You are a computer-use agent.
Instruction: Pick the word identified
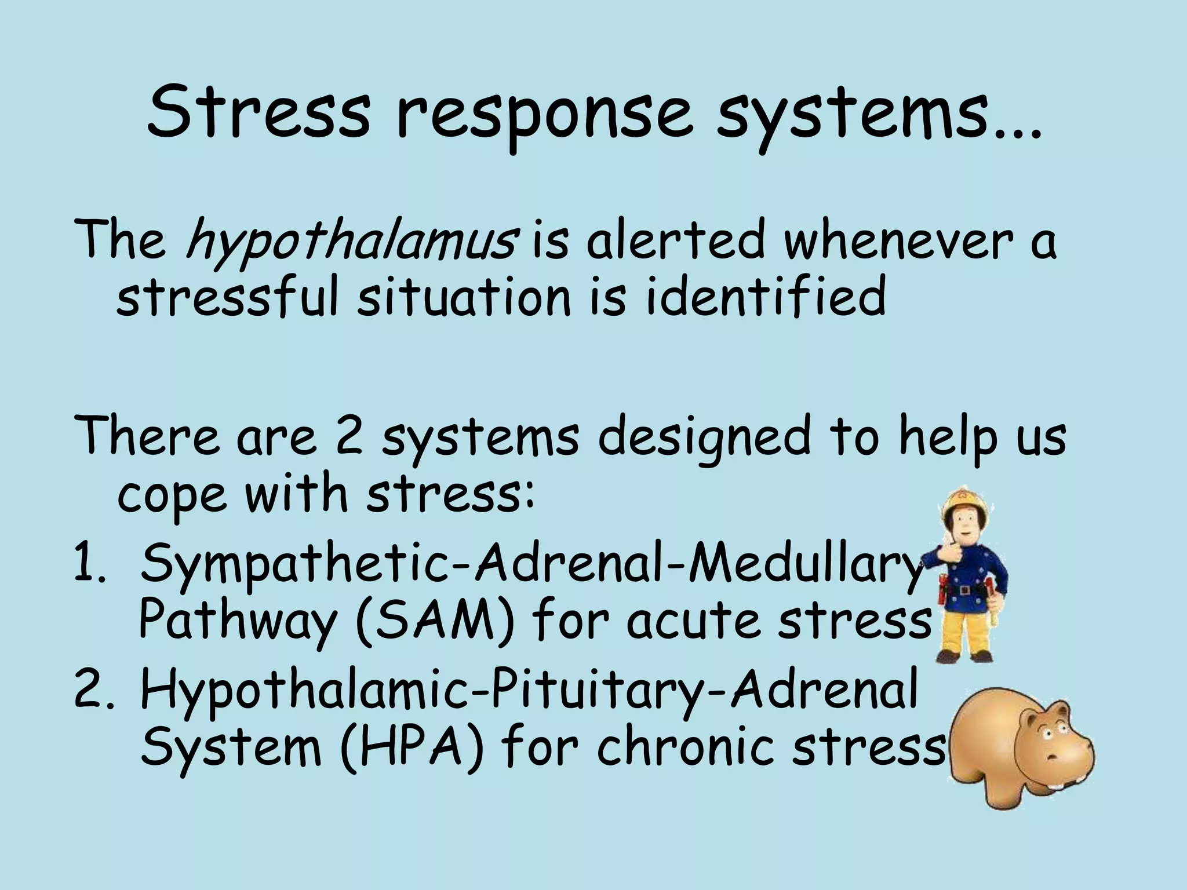(765, 296)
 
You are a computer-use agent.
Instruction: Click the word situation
(464, 296)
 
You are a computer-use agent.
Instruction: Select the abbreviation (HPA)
(412, 747)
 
